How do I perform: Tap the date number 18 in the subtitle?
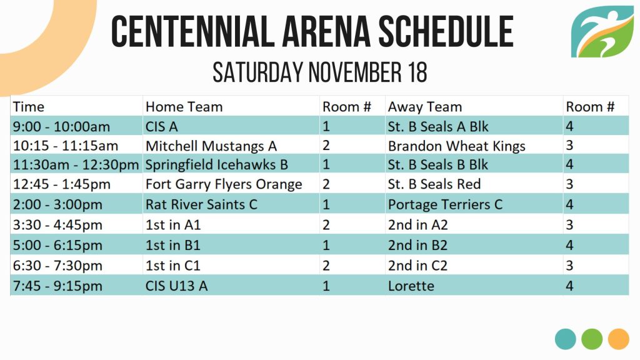417,72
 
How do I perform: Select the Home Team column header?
184,107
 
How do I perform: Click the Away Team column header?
425,107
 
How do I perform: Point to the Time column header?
28,107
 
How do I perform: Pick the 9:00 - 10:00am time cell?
62,126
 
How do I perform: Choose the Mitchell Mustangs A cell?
211,146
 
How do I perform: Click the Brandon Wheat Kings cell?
456,146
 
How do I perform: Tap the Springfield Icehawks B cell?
217,164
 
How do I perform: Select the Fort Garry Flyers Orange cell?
224,184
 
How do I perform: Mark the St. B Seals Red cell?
434,184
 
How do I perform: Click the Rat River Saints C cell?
201,204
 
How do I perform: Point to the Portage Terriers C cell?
445,204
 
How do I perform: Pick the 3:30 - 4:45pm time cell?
57,225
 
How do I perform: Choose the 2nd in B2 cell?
417,245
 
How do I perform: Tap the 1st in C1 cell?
172,266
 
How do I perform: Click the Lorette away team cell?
411,286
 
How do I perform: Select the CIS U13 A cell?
176,286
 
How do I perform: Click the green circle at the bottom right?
592,339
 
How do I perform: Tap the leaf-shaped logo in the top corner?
602,31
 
